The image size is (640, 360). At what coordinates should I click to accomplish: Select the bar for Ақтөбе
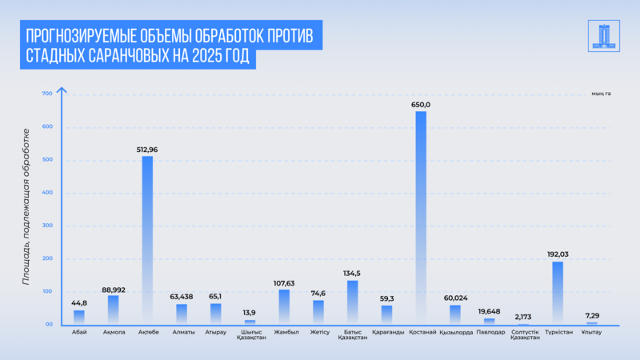[x=147, y=240]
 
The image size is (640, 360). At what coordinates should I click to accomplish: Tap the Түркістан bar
[x=558, y=293]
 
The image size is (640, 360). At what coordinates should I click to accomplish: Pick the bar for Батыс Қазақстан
[x=352, y=302]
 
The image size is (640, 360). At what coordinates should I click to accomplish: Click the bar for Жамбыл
[x=284, y=306]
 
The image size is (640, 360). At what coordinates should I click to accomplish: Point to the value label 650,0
[x=421, y=105]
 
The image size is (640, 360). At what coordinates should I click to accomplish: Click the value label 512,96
[x=147, y=149]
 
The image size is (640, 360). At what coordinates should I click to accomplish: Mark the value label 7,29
[x=592, y=316]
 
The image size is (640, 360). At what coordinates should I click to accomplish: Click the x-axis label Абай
[x=78, y=332]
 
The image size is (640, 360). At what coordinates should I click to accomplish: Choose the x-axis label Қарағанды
[x=386, y=332]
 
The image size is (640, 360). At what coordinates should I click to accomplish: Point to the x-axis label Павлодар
[x=489, y=332]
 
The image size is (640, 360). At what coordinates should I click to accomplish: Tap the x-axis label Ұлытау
[x=592, y=332]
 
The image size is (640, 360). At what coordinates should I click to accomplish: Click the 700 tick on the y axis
[x=46, y=94]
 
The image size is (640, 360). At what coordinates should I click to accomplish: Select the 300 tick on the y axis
[x=46, y=226]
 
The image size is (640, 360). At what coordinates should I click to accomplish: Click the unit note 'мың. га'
[x=601, y=94]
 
